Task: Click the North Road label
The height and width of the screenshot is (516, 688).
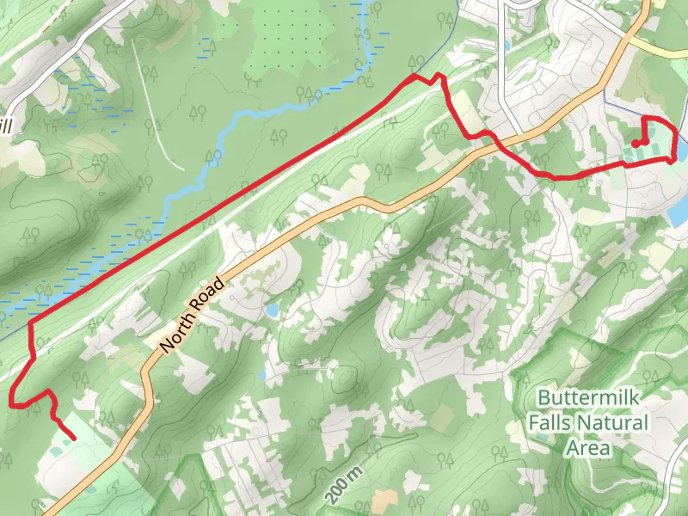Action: (193, 313)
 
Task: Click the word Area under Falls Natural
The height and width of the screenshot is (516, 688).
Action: (588, 448)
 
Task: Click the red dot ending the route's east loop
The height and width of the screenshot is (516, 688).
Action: (635, 144)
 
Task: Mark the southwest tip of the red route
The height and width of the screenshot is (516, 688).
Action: (74, 439)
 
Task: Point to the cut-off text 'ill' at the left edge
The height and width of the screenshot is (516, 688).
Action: (7, 126)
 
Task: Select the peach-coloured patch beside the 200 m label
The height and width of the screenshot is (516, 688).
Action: (443, 419)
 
